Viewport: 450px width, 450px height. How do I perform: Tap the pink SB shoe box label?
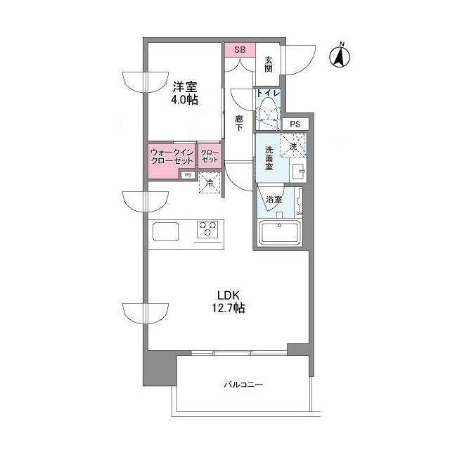click(239, 49)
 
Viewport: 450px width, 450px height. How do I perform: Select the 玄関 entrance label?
click(269, 63)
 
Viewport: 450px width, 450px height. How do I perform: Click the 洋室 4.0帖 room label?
click(184, 94)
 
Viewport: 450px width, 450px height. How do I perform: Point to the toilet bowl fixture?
click(268, 112)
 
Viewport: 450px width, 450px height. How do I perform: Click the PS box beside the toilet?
click(295, 124)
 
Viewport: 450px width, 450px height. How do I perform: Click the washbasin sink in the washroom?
click(297, 172)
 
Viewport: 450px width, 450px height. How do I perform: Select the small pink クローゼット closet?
click(210, 156)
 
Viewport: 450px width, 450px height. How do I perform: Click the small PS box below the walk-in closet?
click(188, 176)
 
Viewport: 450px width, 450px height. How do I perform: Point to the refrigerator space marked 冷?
click(209, 183)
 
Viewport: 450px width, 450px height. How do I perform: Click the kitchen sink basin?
click(166, 231)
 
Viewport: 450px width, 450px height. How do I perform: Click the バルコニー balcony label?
click(243, 385)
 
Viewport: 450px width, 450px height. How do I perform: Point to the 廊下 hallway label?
click(239, 124)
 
